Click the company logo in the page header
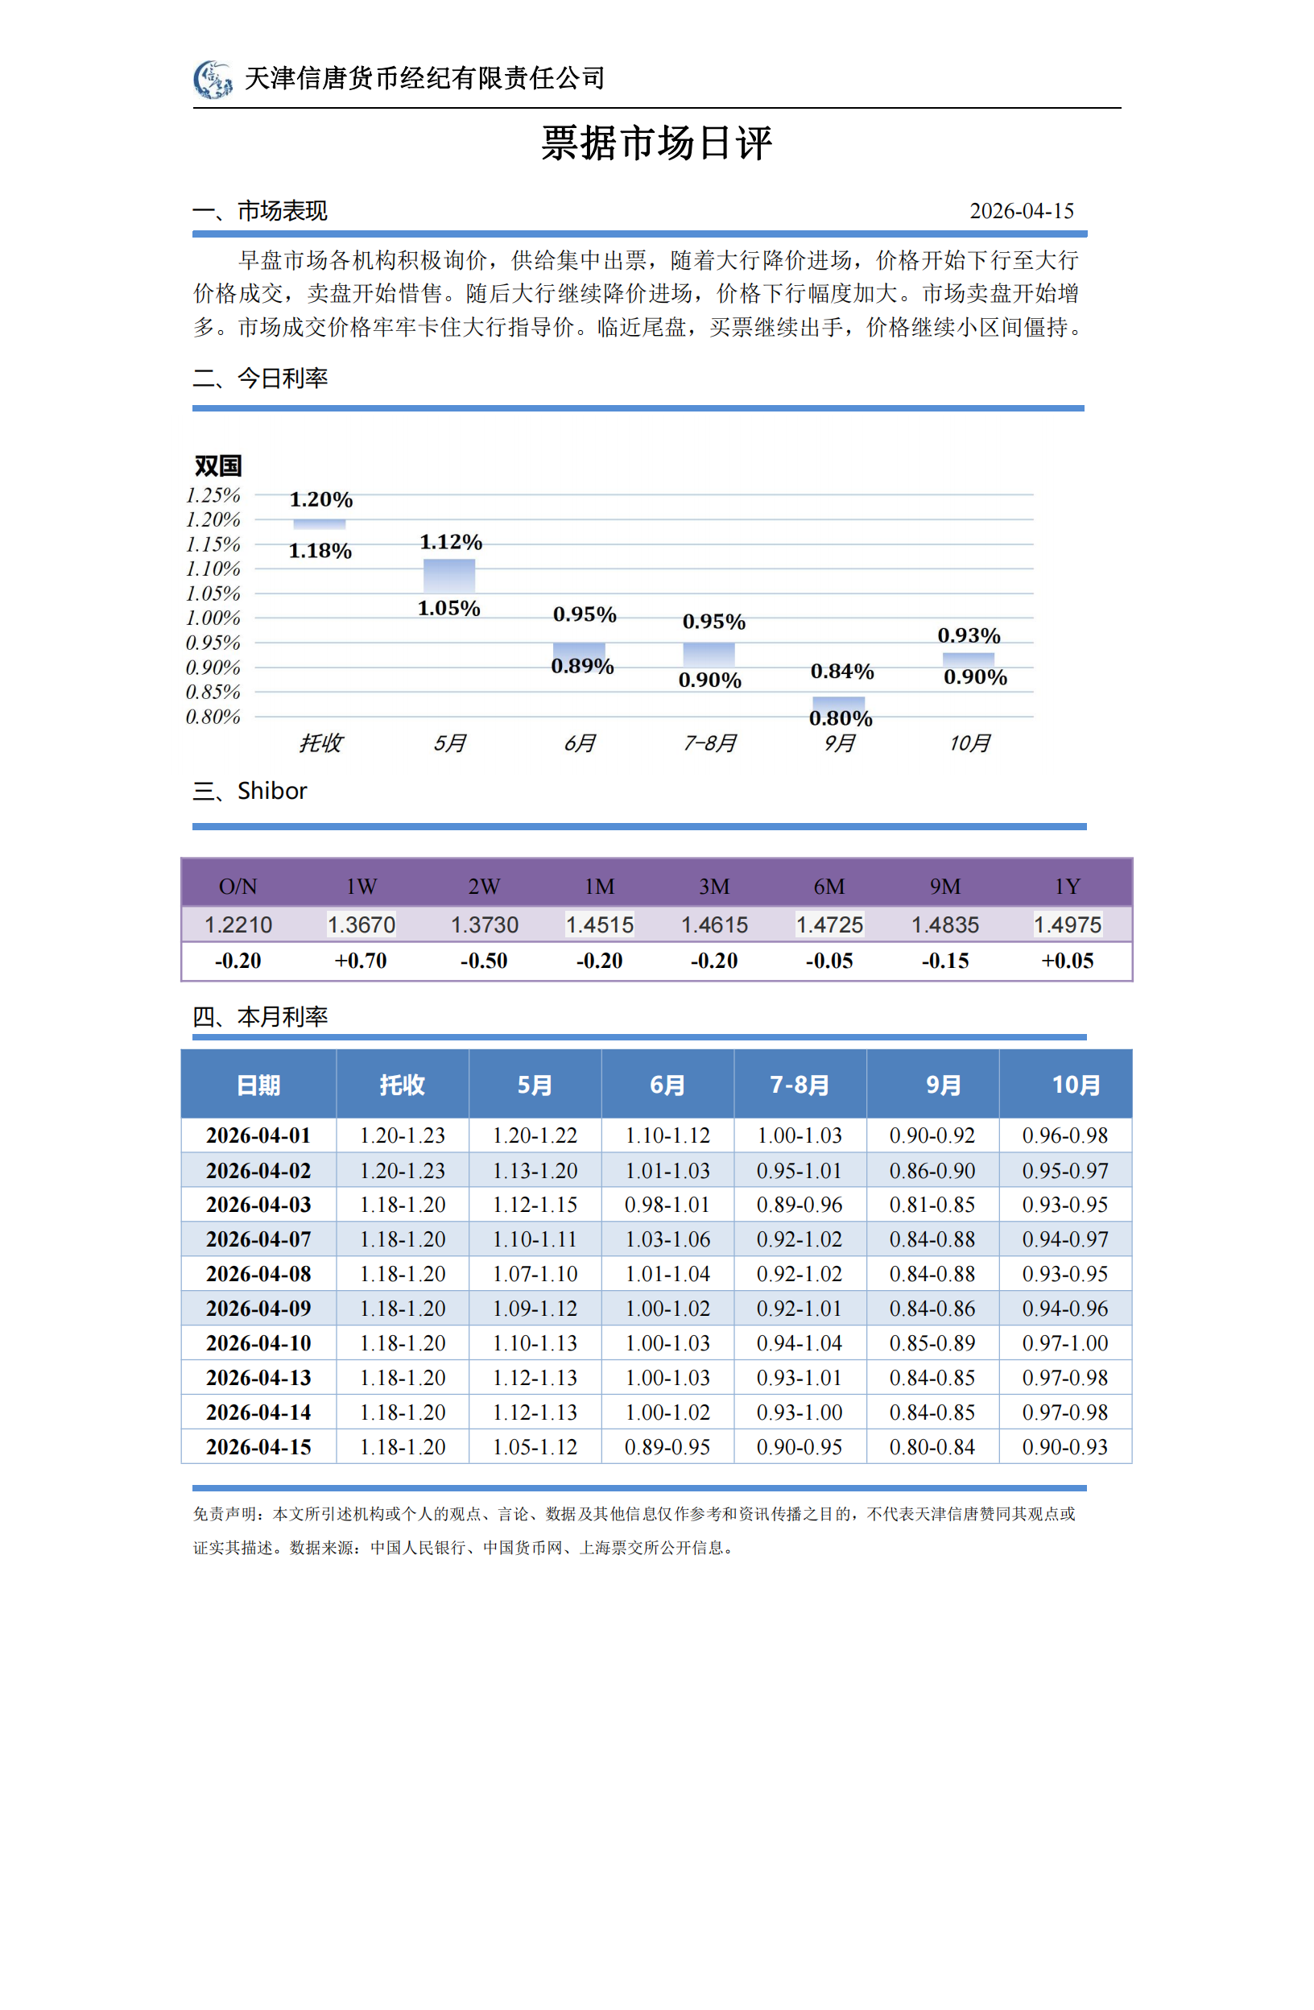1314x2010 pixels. click(213, 80)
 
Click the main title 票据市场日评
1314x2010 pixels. click(656, 143)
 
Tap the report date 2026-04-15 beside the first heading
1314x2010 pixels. click(1021, 210)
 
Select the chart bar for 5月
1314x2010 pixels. click(448, 575)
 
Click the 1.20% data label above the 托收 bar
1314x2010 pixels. click(321, 499)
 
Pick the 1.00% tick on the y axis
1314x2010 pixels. click(213, 618)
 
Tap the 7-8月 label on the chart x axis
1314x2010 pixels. click(709, 743)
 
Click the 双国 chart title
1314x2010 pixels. click(218, 465)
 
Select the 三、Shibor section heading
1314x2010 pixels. click(250, 791)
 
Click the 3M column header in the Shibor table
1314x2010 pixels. click(713, 886)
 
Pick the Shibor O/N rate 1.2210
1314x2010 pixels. click(238, 924)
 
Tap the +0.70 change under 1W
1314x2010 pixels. click(361, 960)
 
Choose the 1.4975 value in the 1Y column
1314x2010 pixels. click(1068, 924)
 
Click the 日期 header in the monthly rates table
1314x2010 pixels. click(258, 1085)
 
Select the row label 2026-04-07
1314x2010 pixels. click(258, 1239)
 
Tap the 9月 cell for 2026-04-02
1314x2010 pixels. click(932, 1171)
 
